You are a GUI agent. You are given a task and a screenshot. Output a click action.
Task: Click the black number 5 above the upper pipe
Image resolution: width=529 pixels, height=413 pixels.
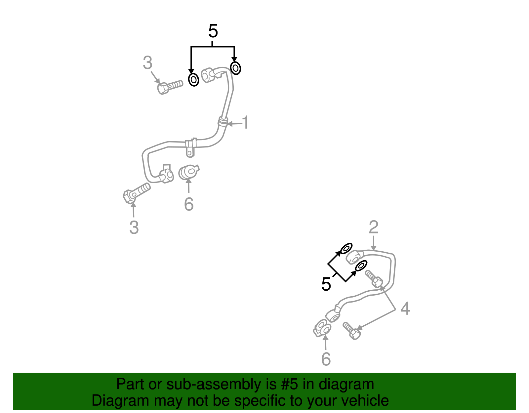[x=213, y=31]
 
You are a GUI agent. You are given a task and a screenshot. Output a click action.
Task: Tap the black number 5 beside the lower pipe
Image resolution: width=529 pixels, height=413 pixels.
[x=326, y=284]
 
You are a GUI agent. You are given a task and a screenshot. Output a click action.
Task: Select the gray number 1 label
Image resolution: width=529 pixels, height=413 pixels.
[x=245, y=123]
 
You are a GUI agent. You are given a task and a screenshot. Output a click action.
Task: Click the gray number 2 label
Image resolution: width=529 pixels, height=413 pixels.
[x=373, y=227]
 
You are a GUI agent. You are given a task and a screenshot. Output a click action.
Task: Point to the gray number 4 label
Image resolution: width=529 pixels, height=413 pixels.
[x=405, y=309]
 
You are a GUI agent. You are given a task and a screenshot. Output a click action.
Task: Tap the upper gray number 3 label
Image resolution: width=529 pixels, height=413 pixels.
[x=147, y=63]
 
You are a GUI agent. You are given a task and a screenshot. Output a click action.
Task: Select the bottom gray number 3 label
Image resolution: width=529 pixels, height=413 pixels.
[x=134, y=227]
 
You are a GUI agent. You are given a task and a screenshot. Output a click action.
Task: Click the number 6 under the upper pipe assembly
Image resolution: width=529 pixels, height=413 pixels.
[x=188, y=204]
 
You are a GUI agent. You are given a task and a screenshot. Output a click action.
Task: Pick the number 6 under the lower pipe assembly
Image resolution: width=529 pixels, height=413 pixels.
[x=326, y=359]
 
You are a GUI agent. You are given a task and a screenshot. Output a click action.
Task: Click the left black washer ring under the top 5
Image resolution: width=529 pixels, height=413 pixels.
[x=193, y=80]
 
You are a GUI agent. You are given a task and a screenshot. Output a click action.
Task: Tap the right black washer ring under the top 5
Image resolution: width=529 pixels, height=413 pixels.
[x=235, y=68]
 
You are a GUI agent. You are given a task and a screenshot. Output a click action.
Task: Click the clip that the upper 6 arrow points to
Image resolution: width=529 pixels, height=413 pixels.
[x=189, y=172]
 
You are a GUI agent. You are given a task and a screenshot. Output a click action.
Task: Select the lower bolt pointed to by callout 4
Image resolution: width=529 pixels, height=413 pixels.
[x=351, y=331]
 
